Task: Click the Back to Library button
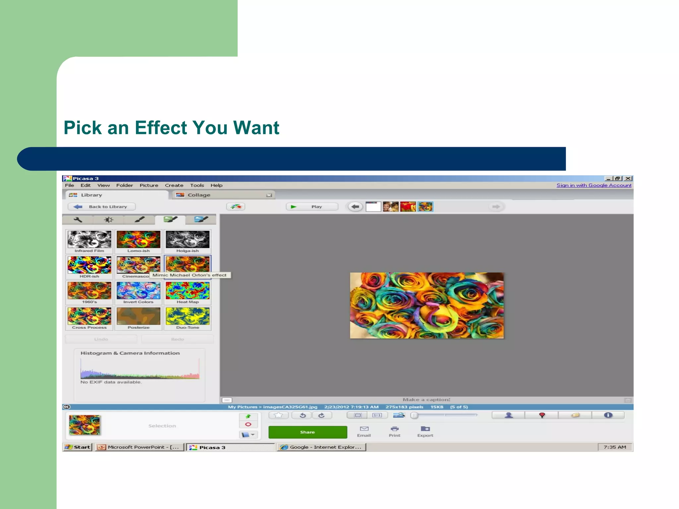(102, 207)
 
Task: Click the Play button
(312, 207)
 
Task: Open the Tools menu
(197, 185)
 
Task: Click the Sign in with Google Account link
(594, 185)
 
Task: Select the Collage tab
(199, 195)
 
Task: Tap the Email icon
(364, 431)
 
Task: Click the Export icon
(425, 431)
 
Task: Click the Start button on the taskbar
(78, 447)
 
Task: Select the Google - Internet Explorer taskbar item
(322, 447)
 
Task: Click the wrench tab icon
(78, 219)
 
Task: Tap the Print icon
(395, 431)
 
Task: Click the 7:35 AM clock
(615, 447)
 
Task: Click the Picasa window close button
(628, 178)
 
